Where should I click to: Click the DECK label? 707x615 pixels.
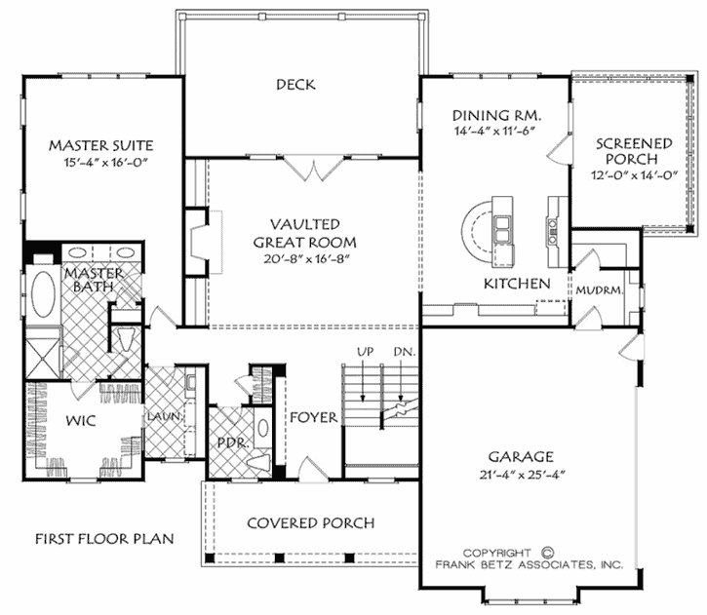point(295,85)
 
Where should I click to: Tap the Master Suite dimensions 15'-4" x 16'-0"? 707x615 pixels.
point(103,166)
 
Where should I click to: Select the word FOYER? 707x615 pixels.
point(314,417)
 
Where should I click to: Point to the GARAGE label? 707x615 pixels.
point(523,456)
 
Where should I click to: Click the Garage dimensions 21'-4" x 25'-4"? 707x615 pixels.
point(523,475)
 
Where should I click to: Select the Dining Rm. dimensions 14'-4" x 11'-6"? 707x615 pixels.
point(496,132)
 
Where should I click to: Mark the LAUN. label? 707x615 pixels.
point(160,418)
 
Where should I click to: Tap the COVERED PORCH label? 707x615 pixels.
point(310,523)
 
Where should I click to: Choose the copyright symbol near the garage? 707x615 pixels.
point(547,551)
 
